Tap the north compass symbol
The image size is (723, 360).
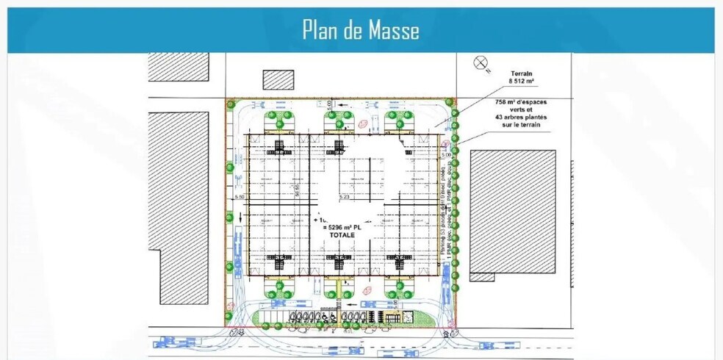tap(482, 63)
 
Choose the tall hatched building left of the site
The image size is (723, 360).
tap(179, 207)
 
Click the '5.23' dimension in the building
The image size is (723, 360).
tap(343, 197)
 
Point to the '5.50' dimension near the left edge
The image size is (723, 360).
tap(238, 197)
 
